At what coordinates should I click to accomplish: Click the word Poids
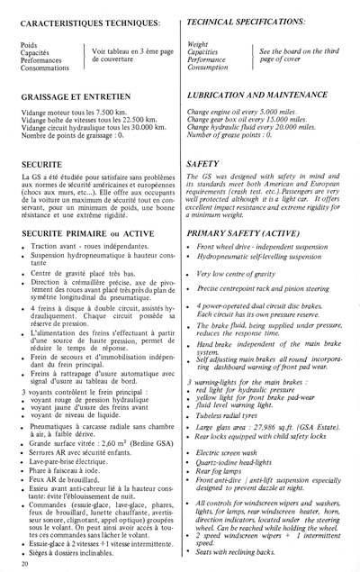coord(28,42)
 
